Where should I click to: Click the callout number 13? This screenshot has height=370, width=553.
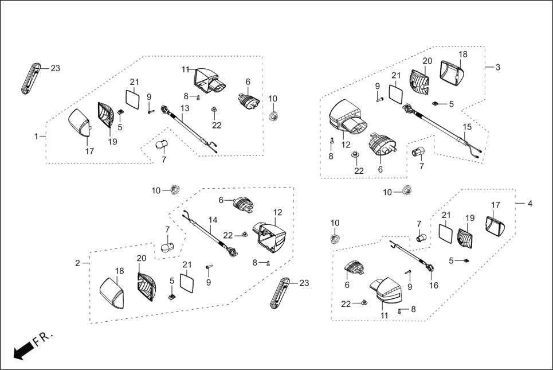pyautogui.click(x=185, y=108)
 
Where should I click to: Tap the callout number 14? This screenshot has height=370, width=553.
pyautogui.click(x=213, y=220)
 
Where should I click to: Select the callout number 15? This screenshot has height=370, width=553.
pyautogui.click(x=468, y=127)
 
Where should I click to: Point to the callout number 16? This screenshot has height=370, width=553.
pyautogui.click(x=434, y=285)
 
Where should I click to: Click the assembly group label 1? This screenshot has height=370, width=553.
pyautogui.click(x=37, y=137)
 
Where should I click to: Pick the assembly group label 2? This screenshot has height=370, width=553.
pyautogui.click(x=78, y=263)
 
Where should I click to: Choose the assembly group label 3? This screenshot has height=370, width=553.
pyautogui.click(x=497, y=67)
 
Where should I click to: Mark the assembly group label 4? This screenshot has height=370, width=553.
pyautogui.click(x=530, y=203)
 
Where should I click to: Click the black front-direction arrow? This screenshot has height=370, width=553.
pyautogui.click(x=22, y=350)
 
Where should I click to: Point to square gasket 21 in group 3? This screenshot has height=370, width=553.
pyautogui.click(x=395, y=94)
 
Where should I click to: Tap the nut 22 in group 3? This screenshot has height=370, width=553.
pyautogui.click(x=356, y=155)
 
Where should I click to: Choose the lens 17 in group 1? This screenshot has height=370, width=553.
pyautogui.click(x=79, y=122)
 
